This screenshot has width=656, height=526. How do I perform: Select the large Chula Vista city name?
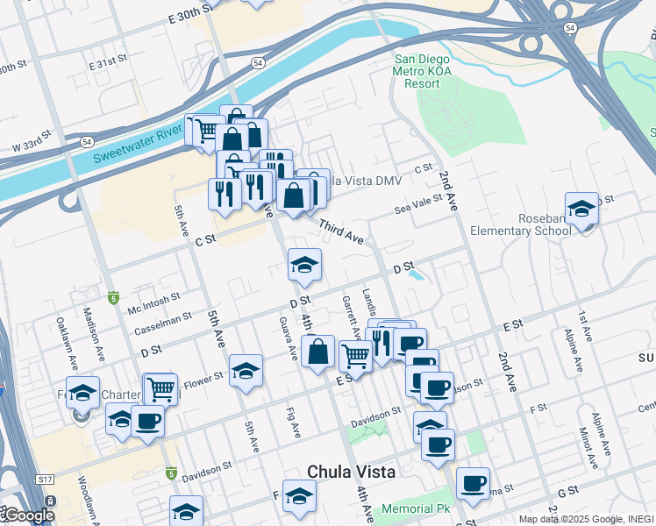click(x=351, y=472)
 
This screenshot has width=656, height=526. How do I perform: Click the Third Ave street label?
click(x=341, y=232)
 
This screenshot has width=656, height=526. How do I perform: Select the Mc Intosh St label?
click(x=154, y=302)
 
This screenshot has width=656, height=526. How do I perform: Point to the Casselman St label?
click(x=164, y=324)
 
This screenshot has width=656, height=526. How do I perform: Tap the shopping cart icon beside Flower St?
click(x=160, y=388)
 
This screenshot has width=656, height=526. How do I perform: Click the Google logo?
click(x=29, y=515)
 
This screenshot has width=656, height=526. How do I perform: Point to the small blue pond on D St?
click(x=415, y=274)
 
